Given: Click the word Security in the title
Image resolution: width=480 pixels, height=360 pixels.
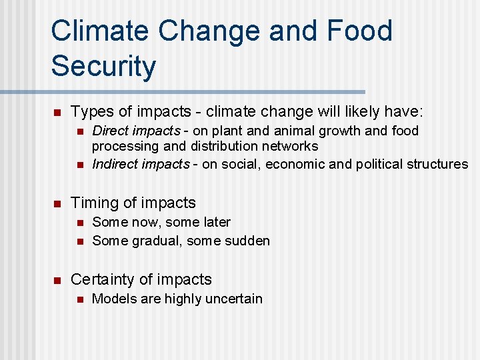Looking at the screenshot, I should (103, 65).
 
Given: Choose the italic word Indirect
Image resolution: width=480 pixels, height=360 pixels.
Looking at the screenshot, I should (116, 164).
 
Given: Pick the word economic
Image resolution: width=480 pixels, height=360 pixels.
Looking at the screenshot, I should (293, 164).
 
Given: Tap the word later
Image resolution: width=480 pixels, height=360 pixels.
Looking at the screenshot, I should (214, 222).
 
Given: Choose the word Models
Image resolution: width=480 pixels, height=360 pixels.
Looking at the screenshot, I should (112, 299).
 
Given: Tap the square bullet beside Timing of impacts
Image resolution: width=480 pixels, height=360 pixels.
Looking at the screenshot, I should (57, 203).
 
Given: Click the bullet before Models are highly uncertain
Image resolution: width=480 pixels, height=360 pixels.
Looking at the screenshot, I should (79, 299).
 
